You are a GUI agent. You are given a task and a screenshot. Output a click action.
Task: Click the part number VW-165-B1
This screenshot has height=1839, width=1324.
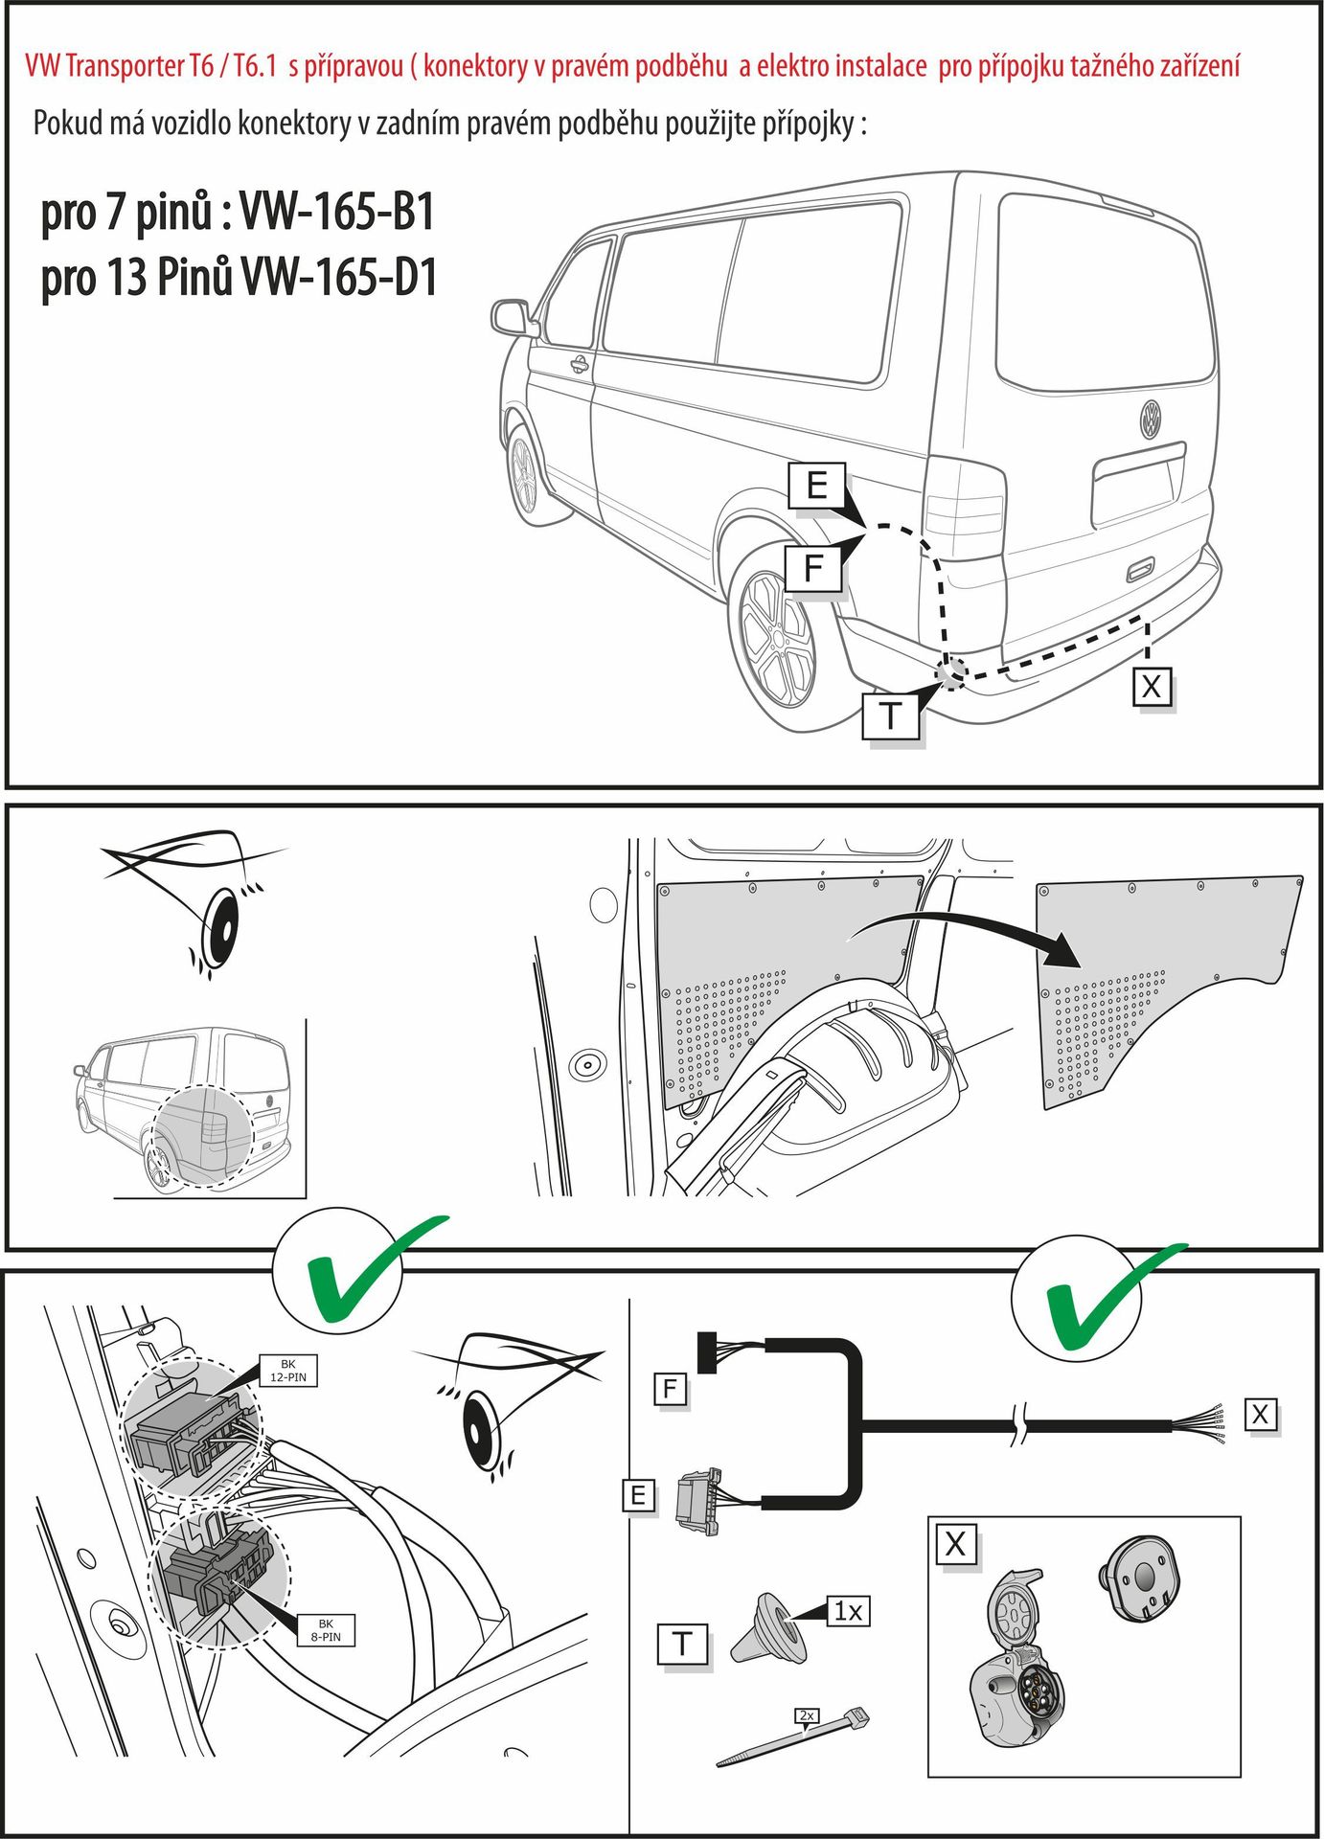point(336,212)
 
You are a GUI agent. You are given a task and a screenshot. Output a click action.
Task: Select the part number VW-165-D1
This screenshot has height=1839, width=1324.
point(339,278)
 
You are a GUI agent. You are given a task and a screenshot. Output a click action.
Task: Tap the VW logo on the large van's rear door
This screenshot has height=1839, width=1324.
point(1150,420)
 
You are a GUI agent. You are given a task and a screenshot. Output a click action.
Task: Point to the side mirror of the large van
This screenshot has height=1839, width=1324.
point(511,317)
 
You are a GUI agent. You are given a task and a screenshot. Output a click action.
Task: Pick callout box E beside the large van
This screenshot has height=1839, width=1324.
point(816,485)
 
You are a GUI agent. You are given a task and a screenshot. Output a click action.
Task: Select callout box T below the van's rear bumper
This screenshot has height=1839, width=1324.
point(890,715)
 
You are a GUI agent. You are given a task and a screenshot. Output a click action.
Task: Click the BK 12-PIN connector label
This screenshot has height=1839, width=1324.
point(288,1371)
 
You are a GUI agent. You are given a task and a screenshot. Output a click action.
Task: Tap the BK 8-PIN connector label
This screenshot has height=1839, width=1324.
point(326,1630)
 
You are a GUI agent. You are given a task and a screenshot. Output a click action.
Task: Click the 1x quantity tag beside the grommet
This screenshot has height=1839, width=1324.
point(848,1611)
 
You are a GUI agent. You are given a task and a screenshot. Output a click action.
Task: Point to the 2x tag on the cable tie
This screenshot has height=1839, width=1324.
point(807,1714)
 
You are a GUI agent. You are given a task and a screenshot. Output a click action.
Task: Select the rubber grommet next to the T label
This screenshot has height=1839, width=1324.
point(767,1628)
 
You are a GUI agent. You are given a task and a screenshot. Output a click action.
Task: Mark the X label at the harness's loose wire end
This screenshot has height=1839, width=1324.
point(1260,1415)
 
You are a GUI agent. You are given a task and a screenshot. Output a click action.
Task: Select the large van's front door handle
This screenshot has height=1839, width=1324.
point(579,364)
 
